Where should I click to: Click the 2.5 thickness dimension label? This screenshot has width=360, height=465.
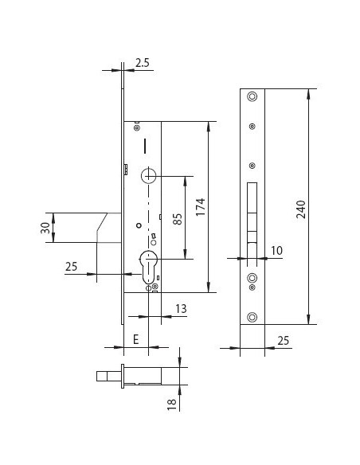point(143,63)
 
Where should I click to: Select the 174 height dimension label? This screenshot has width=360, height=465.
point(201,207)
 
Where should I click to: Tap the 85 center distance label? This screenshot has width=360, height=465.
point(178,219)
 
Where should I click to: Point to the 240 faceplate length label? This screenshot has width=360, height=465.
point(301,209)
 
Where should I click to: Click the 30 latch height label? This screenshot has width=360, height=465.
point(45,228)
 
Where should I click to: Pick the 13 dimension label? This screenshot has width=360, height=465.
point(181,309)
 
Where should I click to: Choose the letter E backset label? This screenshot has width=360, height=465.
point(136,339)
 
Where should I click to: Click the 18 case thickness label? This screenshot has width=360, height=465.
point(172,404)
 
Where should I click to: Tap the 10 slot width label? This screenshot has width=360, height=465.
point(276,251)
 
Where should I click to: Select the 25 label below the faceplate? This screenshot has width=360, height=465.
point(284,341)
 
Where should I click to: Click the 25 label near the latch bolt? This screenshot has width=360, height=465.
point(71,267)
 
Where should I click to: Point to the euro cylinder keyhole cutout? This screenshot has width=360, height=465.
point(148,267)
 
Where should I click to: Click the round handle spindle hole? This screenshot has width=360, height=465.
point(149,175)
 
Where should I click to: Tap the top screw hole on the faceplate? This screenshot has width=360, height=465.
point(252,96)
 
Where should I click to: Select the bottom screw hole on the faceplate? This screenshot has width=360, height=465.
point(252,317)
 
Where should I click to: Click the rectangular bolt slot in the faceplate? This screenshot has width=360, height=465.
point(252,213)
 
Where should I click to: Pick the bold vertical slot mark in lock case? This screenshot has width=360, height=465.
point(145,146)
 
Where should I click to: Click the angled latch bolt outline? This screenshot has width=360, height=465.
point(101,228)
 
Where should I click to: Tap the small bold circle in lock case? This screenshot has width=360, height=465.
point(139,225)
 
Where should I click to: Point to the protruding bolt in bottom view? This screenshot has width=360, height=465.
point(108,377)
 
